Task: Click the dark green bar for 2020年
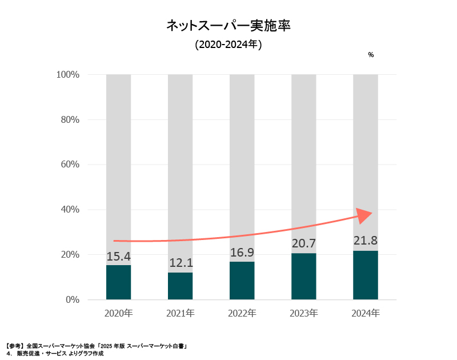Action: [118, 282]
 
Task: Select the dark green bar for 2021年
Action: [180, 286]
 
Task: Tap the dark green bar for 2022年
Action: [242, 281]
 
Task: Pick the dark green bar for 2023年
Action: [303, 276]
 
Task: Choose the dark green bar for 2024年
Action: [365, 275]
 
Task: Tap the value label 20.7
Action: [303, 244]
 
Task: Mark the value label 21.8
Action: [365, 241]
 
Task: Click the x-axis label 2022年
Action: [242, 314]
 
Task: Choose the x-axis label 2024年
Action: [365, 314]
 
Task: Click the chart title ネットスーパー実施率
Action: [228, 26]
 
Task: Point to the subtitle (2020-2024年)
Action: [228, 45]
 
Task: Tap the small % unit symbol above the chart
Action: [371, 55]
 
